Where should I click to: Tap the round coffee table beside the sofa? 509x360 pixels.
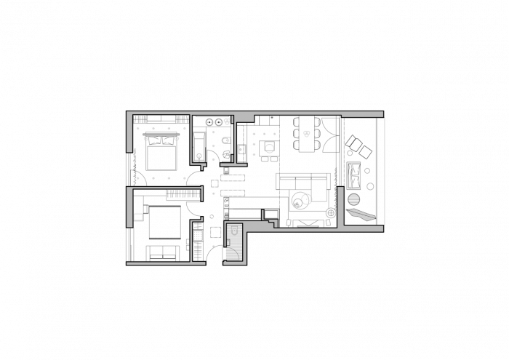click(x=301, y=200)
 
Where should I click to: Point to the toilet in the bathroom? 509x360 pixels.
click(x=225, y=140)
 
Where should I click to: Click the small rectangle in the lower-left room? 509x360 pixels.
click(x=138, y=217)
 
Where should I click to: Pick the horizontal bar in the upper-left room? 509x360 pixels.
click(x=161, y=134)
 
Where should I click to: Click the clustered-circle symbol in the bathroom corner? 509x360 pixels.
click(x=227, y=121)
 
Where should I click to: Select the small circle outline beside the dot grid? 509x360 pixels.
click(x=269, y=148)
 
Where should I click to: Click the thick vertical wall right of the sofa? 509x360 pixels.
click(x=340, y=207)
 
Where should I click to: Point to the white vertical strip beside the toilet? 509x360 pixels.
click(x=232, y=138)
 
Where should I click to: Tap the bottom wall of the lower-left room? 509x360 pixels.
click(x=166, y=263)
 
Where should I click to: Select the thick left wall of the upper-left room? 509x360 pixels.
click(x=129, y=132)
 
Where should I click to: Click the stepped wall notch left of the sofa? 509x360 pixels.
click(x=270, y=220)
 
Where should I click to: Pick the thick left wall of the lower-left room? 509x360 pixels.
click(x=129, y=207)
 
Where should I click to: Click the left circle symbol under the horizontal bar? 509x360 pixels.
click(x=145, y=138)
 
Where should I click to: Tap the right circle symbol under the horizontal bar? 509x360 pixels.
click(x=177, y=138)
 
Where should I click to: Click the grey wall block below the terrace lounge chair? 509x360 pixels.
click(x=363, y=228)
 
